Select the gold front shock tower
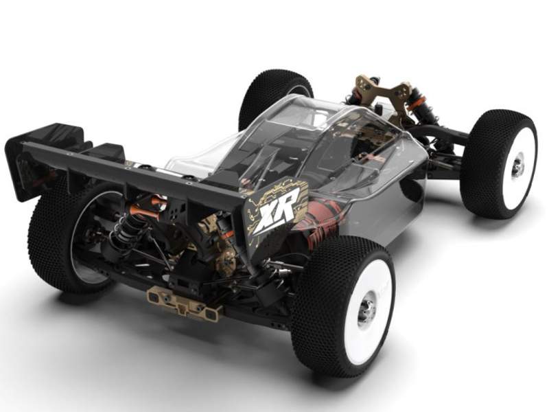coord(382,92)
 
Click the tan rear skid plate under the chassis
coord(185,302)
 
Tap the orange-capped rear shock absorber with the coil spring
coord(131,224)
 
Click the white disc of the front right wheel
coord(515,168)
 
